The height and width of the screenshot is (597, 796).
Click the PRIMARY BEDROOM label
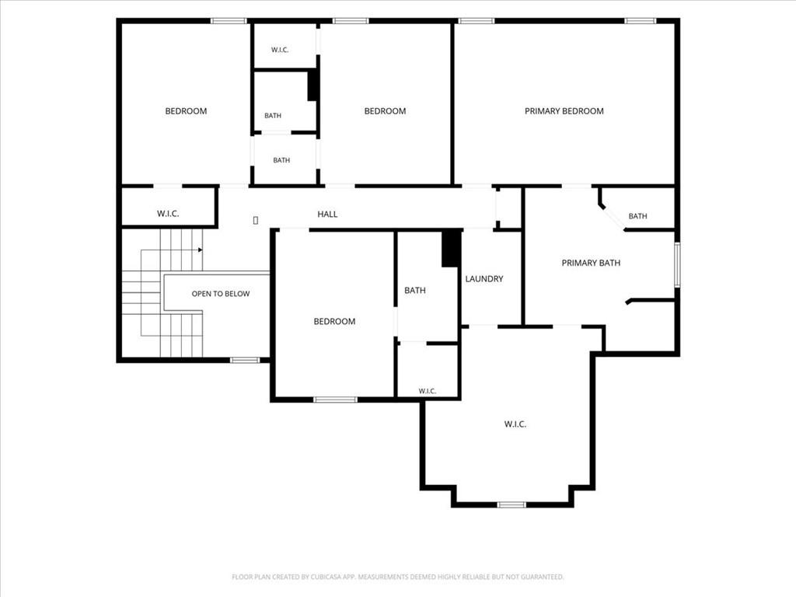[x=564, y=111]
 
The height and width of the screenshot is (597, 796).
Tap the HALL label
[x=327, y=215]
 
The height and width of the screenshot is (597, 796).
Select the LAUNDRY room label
[x=484, y=279]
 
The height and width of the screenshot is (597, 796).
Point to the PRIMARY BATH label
[x=591, y=263]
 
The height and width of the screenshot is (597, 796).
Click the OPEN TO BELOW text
[x=221, y=294]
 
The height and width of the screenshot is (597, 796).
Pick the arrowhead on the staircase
[x=201, y=250]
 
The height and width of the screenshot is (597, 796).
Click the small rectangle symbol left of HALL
[x=255, y=220]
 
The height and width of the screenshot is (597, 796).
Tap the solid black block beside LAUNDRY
[x=451, y=248]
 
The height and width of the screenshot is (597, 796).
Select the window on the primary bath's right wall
[x=677, y=264]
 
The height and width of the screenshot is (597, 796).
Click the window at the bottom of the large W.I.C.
[x=511, y=504]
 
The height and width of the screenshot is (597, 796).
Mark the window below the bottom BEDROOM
[x=335, y=400]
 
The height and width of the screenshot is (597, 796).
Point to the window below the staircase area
[x=245, y=361]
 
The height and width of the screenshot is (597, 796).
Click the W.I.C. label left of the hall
[x=168, y=214]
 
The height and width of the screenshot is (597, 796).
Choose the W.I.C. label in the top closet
[x=280, y=50]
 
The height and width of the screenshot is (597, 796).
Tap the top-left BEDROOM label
[x=186, y=111]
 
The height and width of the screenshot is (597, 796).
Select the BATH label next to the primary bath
[x=637, y=216]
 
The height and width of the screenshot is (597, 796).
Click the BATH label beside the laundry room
[x=415, y=291]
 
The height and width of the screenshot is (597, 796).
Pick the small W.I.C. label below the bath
[x=428, y=391]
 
